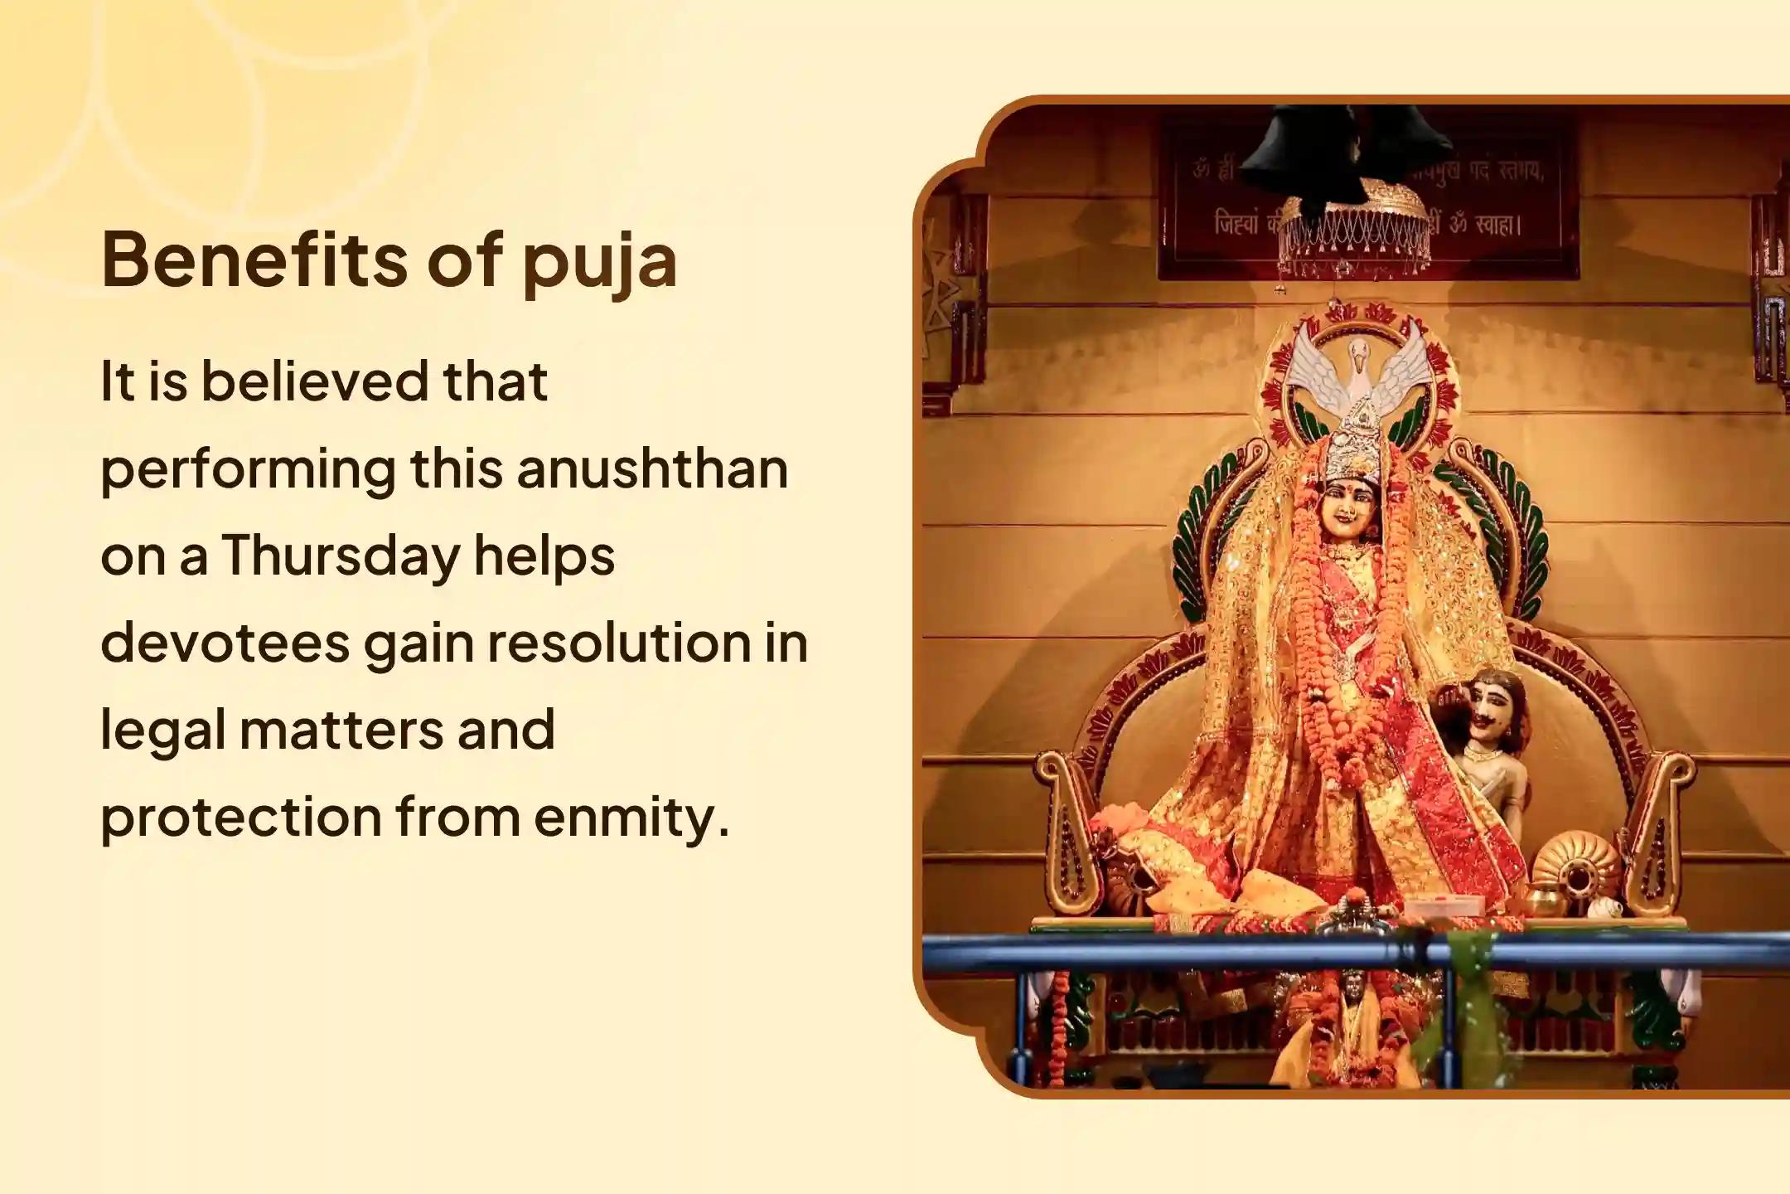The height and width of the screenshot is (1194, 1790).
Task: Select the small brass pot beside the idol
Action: (1543, 900)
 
